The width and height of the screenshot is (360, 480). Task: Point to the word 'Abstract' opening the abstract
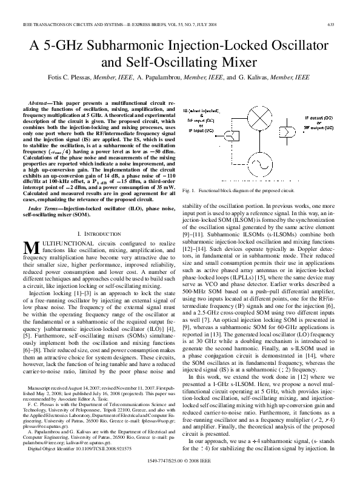click(43, 104)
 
